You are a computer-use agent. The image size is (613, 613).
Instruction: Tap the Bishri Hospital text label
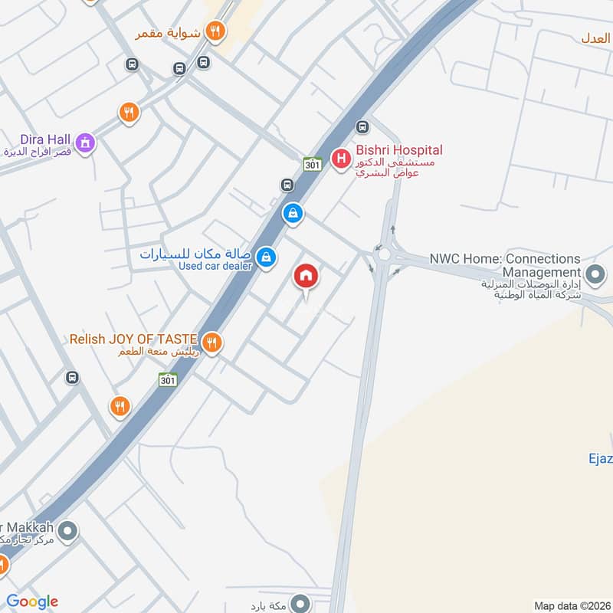click(x=399, y=151)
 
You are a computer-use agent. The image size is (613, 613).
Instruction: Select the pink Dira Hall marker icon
click(x=85, y=142)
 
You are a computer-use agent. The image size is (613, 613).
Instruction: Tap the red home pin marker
click(x=306, y=277)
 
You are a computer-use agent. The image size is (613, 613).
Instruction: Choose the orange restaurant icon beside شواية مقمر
click(x=216, y=31)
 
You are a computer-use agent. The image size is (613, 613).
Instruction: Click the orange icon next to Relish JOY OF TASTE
click(x=212, y=343)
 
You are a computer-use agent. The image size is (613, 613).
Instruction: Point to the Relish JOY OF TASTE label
click(x=133, y=338)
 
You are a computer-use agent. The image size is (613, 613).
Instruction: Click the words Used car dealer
click(x=215, y=266)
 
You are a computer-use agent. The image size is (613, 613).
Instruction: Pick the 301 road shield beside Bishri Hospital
click(x=311, y=163)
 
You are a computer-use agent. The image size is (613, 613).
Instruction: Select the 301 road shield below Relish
click(x=168, y=379)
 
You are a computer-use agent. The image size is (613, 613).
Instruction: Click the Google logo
click(x=32, y=602)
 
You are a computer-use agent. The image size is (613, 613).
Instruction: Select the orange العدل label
click(x=596, y=38)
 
